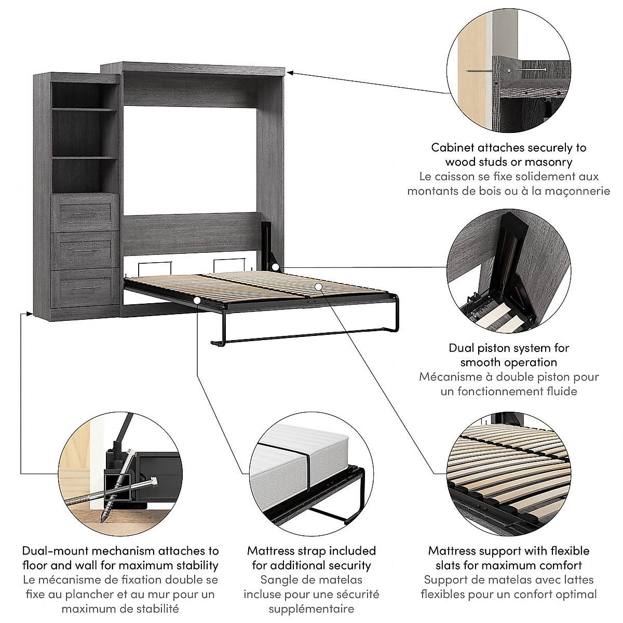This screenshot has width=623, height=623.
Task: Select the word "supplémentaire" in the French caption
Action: click(x=311, y=608)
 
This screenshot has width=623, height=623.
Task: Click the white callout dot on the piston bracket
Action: click(x=276, y=267)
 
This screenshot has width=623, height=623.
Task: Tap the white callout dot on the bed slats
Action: click(x=319, y=286)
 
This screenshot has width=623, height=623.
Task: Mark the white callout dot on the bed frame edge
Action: click(x=197, y=301)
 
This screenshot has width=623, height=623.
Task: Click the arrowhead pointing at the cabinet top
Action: click(x=290, y=73)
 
